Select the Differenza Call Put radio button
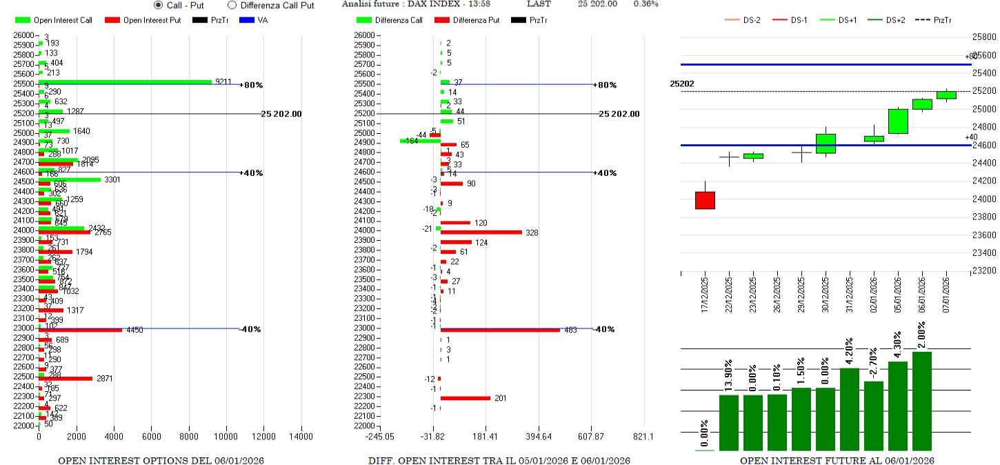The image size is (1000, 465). tap(232, 5)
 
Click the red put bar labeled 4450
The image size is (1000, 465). tap(81, 330)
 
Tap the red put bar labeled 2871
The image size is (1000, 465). tap(66, 379)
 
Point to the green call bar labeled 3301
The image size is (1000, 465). tap(70, 179)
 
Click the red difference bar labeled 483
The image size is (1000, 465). tap(500, 330)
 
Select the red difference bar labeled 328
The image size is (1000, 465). tap(481, 232)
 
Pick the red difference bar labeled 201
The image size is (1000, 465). tap(466, 398)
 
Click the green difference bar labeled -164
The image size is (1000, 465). tap(420, 141)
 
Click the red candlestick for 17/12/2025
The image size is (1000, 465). tap(705, 200)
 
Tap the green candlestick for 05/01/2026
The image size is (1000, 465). tap(898, 121)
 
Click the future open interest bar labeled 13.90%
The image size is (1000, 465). tap(729, 422)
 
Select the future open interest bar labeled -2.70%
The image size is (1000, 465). tap(874, 415)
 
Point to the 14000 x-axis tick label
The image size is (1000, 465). tap(301, 437)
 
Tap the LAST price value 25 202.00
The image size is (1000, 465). tap(597, 4)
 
